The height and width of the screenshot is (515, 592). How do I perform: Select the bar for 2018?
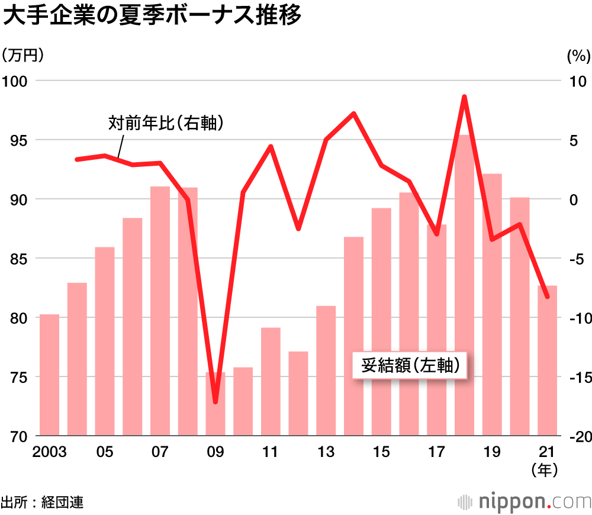pyautogui.click(x=465, y=284)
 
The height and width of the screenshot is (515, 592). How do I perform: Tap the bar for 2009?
pyautogui.click(x=215, y=404)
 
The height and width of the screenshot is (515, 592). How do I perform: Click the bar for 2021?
pyautogui.click(x=548, y=360)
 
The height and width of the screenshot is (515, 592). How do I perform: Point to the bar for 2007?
pyautogui.click(x=160, y=311)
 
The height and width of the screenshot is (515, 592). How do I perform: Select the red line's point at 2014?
pyautogui.click(x=353, y=113)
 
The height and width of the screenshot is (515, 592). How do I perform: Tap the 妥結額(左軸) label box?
pyautogui.click(x=408, y=366)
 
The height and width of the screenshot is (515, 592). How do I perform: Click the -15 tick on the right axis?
pyautogui.click(x=576, y=377)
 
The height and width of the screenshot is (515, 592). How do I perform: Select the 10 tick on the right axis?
pyautogui.click(x=577, y=81)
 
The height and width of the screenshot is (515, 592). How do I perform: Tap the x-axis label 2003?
pyautogui.click(x=49, y=452)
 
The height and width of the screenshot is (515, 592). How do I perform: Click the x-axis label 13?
pyautogui.click(x=326, y=452)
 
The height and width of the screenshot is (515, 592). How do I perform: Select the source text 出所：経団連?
pyautogui.click(x=42, y=503)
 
